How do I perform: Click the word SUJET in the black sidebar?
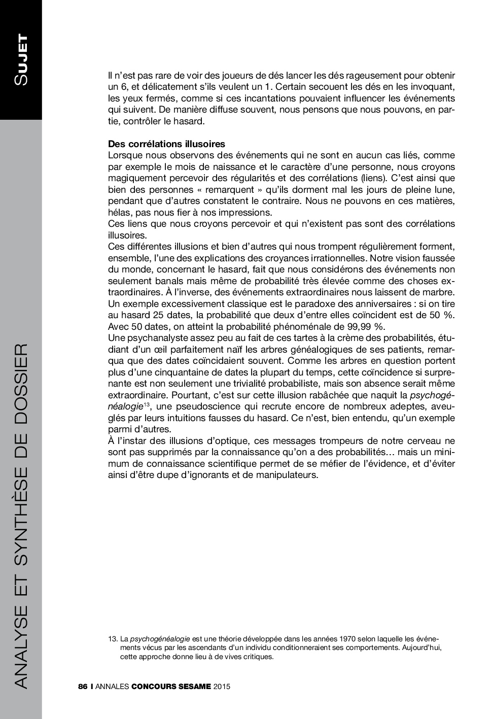tap(21, 60)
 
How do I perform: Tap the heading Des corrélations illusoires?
tap(166, 144)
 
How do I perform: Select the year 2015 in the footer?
tap(222, 687)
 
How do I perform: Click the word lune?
tap(443, 190)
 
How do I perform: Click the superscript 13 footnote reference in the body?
tap(146, 404)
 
